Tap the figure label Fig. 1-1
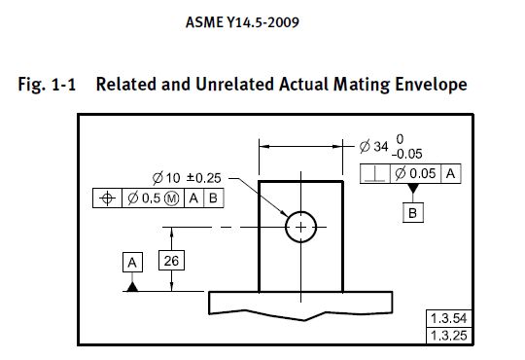[x=46, y=85]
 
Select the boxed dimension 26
[x=172, y=261]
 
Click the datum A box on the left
[x=132, y=261]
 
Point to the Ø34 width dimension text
[x=371, y=147]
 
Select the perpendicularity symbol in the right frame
[x=375, y=173]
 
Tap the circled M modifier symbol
[x=172, y=198]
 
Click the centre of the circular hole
[x=300, y=228]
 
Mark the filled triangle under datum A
[x=132, y=287]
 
